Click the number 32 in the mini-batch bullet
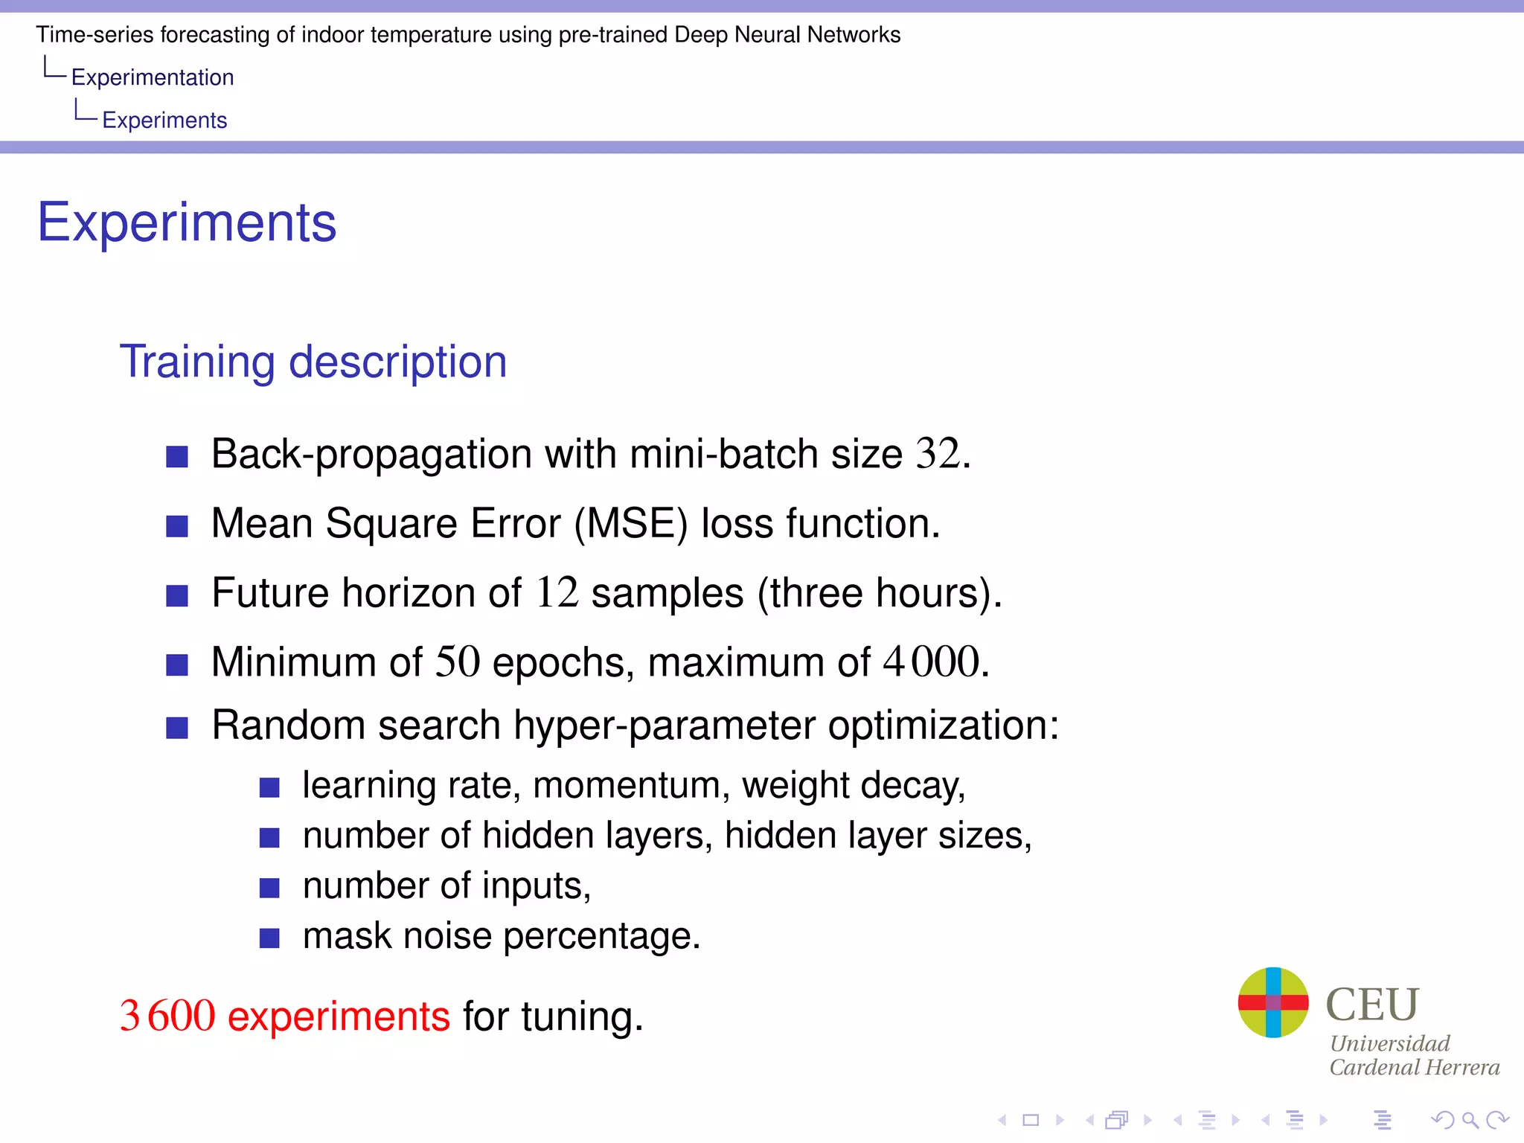938,453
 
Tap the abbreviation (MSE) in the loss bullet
631,523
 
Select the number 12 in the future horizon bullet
557,593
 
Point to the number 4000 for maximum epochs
931,662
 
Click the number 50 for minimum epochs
457,662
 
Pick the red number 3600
167,1016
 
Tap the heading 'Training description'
313,362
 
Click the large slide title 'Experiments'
187,222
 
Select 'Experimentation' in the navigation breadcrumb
153,77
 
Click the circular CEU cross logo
1272,1002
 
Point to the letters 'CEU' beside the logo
1372,1004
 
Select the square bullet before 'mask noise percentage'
269,938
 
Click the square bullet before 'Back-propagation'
177,456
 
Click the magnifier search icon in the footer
1469,1119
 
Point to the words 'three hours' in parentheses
874,593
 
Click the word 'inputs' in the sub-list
536,886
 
